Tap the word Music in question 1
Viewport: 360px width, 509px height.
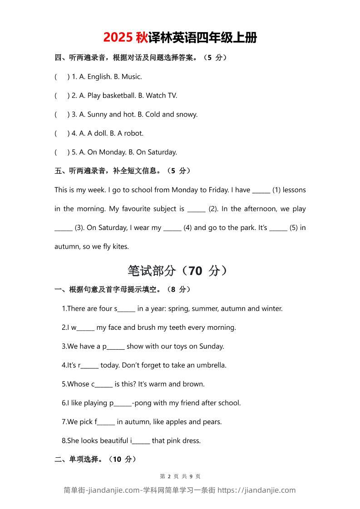(131, 77)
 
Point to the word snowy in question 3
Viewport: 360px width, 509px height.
(187, 114)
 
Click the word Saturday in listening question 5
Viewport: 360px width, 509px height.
(162, 152)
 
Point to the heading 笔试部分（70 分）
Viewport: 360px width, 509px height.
(178, 271)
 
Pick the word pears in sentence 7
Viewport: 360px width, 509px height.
(212, 422)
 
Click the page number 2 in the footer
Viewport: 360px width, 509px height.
(169, 476)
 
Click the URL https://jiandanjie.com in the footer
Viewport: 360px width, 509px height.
(256, 490)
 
